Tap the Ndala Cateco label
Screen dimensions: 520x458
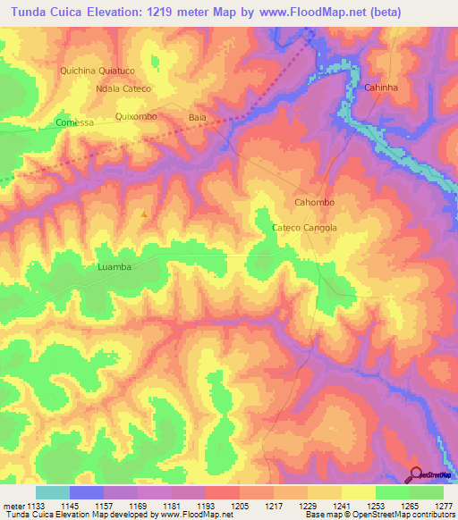point(123,89)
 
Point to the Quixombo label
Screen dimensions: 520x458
point(137,117)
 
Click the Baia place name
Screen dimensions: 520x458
point(198,117)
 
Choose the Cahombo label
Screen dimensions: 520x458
point(314,203)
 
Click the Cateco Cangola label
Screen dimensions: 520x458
point(304,228)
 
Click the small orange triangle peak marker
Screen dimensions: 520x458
point(144,214)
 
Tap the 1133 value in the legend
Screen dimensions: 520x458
point(36,504)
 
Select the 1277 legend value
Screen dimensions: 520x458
point(442,504)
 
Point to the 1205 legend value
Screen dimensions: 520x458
point(239,504)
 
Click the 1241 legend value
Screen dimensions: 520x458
point(341,504)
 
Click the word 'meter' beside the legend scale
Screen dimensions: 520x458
point(13,504)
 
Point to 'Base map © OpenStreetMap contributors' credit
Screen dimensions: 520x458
point(378,515)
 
